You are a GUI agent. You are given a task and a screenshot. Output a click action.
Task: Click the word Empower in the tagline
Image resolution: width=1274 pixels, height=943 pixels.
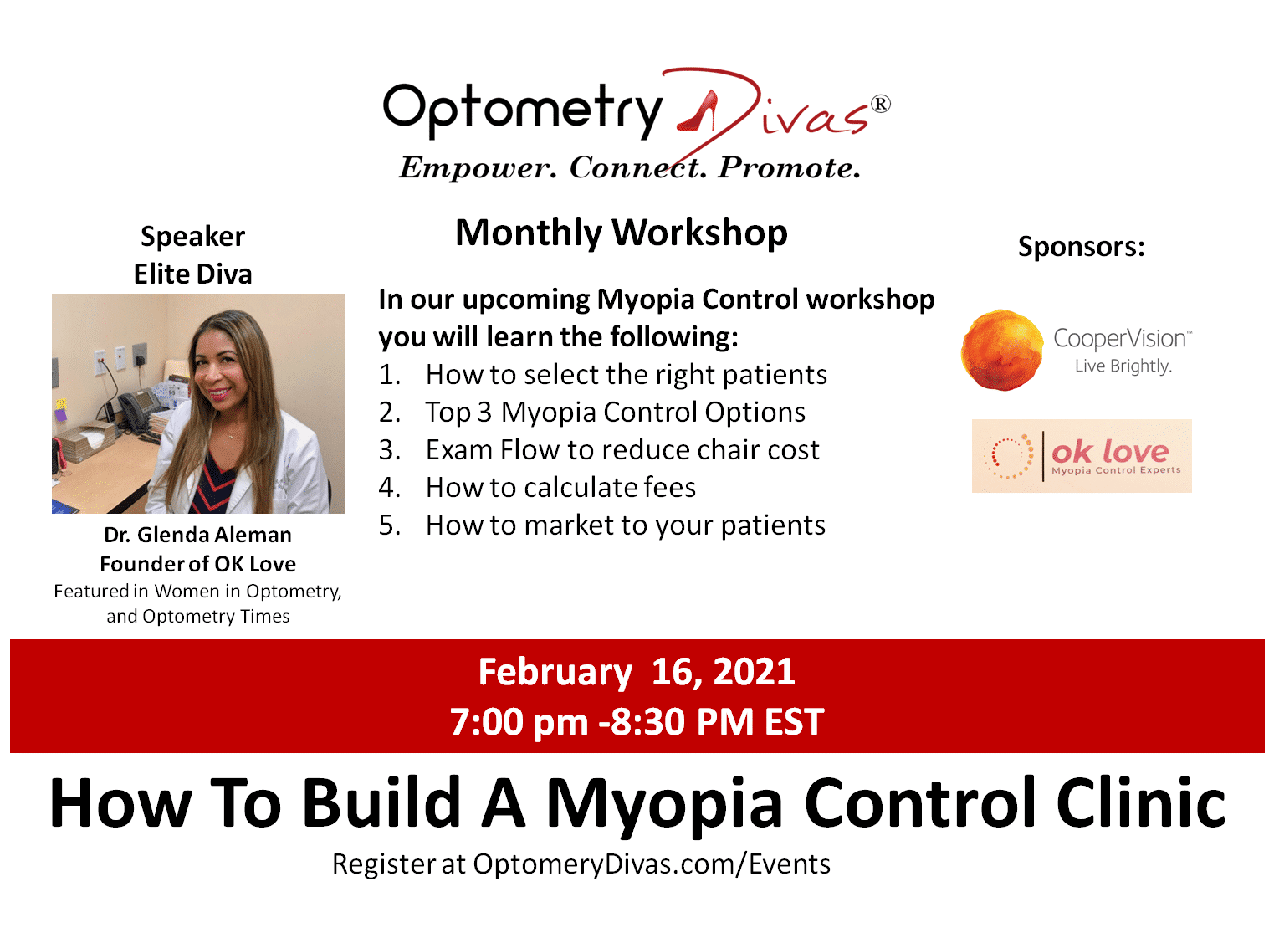tap(478, 167)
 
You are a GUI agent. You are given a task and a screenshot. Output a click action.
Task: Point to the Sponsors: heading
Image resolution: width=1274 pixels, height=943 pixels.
tap(1081, 247)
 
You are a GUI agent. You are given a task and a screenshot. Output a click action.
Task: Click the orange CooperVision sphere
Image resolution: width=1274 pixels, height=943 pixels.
tap(1002, 350)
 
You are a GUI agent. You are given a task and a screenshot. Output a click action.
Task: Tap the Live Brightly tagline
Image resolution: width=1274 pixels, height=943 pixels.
tap(1123, 366)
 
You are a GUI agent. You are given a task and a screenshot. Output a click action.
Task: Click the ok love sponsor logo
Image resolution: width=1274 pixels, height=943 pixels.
tap(1081, 455)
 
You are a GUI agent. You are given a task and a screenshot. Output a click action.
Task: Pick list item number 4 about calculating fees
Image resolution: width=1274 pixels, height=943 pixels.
tap(536, 487)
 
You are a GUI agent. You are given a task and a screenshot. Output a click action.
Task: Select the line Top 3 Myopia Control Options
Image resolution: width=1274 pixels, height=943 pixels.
tap(591, 412)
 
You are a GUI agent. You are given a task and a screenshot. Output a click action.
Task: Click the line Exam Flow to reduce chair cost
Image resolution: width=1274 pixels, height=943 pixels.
tap(598, 449)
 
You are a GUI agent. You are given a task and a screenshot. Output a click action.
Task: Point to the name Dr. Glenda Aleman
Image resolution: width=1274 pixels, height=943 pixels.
tap(197, 535)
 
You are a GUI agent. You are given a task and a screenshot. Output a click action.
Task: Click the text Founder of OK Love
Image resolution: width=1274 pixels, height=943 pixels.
tap(197, 564)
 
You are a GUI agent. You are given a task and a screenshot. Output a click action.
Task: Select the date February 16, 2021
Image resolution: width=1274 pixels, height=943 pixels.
tap(637, 672)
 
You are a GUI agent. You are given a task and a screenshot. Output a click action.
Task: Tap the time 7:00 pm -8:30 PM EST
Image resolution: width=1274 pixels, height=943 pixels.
tap(637, 721)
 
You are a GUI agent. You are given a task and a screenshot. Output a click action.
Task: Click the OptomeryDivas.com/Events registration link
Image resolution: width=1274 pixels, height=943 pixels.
tap(652, 864)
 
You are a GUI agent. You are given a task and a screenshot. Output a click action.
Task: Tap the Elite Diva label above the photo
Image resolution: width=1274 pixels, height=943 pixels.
tap(193, 274)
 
